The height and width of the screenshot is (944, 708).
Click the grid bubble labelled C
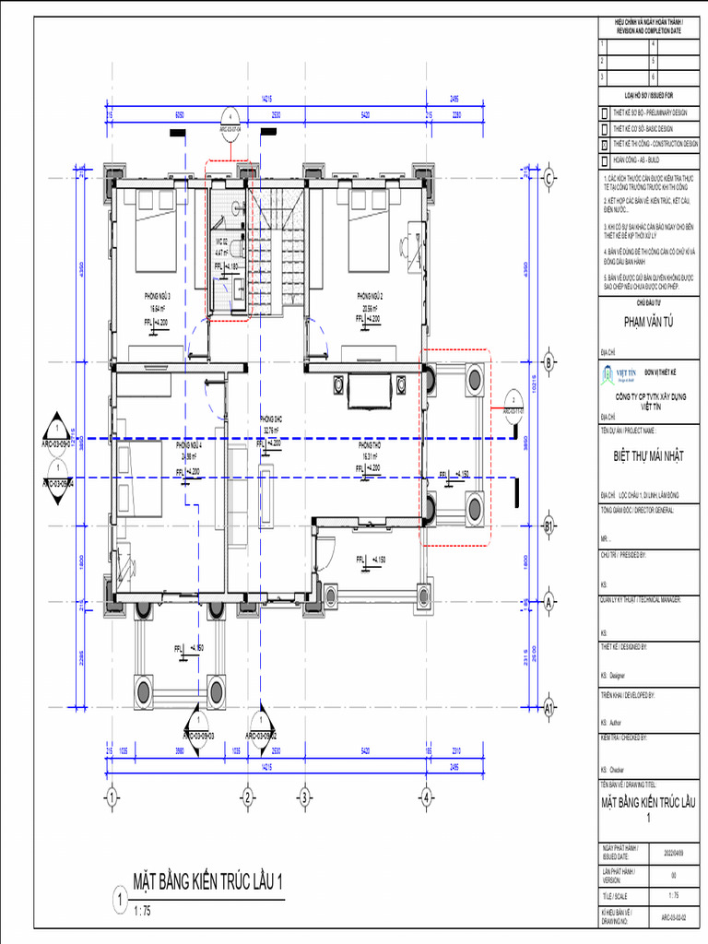pos(549,178)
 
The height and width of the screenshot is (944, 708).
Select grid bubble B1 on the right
pos(549,527)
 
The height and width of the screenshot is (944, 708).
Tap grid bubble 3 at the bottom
pos(303,796)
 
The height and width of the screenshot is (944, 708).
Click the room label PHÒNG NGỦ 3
pos(158,295)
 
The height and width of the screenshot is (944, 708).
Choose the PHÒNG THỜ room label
pos(370,444)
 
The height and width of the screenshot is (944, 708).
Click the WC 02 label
pos(221,242)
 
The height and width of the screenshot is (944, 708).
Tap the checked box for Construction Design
pos(605,145)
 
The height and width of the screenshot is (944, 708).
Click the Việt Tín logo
pos(612,374)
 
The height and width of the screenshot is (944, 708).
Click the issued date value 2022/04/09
pos(675,853)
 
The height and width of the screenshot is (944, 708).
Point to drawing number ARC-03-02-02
pos(675,918)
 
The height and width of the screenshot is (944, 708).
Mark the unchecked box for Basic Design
pos(605,129)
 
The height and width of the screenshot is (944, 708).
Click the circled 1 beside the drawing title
pos(118,898)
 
